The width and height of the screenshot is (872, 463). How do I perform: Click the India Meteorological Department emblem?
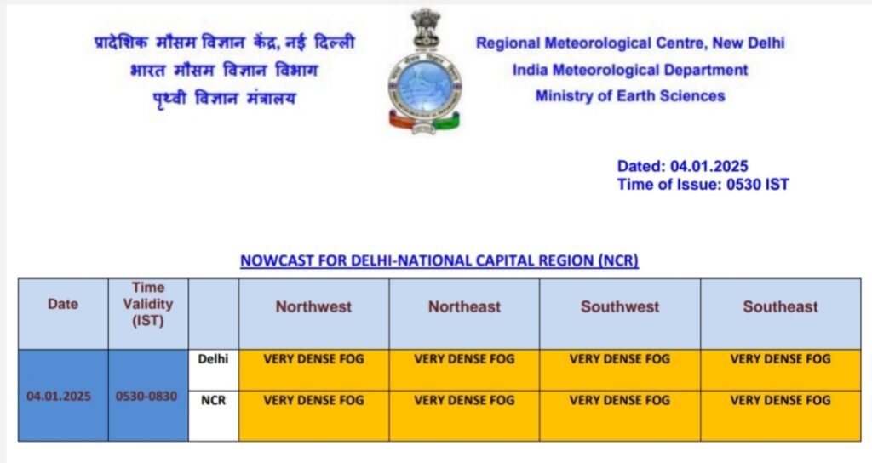point(424,71)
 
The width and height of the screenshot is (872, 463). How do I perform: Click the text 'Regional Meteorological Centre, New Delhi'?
point(630,43)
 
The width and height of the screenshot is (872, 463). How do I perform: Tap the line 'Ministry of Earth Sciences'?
point(630,96)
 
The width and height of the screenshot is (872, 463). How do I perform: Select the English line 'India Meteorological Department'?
point(630,70)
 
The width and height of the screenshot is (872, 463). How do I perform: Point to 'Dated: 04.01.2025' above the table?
point(682,166)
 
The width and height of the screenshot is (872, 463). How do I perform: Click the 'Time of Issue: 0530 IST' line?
point(703,185)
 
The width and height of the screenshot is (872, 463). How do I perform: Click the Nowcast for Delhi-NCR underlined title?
point(439,260)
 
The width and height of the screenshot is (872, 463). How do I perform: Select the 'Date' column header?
point(63,304)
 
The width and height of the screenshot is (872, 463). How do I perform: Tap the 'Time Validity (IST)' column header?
point(148,304)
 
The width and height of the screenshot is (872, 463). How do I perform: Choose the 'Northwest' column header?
point(313,306)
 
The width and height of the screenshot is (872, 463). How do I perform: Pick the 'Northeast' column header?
point(464,306)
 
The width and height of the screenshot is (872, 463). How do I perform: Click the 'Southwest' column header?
point(620,306)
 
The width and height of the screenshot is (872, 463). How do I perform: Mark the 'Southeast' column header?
point(781,306)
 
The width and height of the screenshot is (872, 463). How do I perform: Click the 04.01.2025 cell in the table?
point(59,397)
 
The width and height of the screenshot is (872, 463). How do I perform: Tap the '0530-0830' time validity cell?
point(146,397)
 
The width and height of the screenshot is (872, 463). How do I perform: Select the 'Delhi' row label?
point(213,359)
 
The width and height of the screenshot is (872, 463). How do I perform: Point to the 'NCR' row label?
point(213,400)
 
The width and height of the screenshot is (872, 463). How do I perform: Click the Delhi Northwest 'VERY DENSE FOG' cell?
point(313,370)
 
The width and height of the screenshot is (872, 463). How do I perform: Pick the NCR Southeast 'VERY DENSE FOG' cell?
point(781,416)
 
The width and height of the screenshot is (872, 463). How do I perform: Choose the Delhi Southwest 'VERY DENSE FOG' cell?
point(620,370)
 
